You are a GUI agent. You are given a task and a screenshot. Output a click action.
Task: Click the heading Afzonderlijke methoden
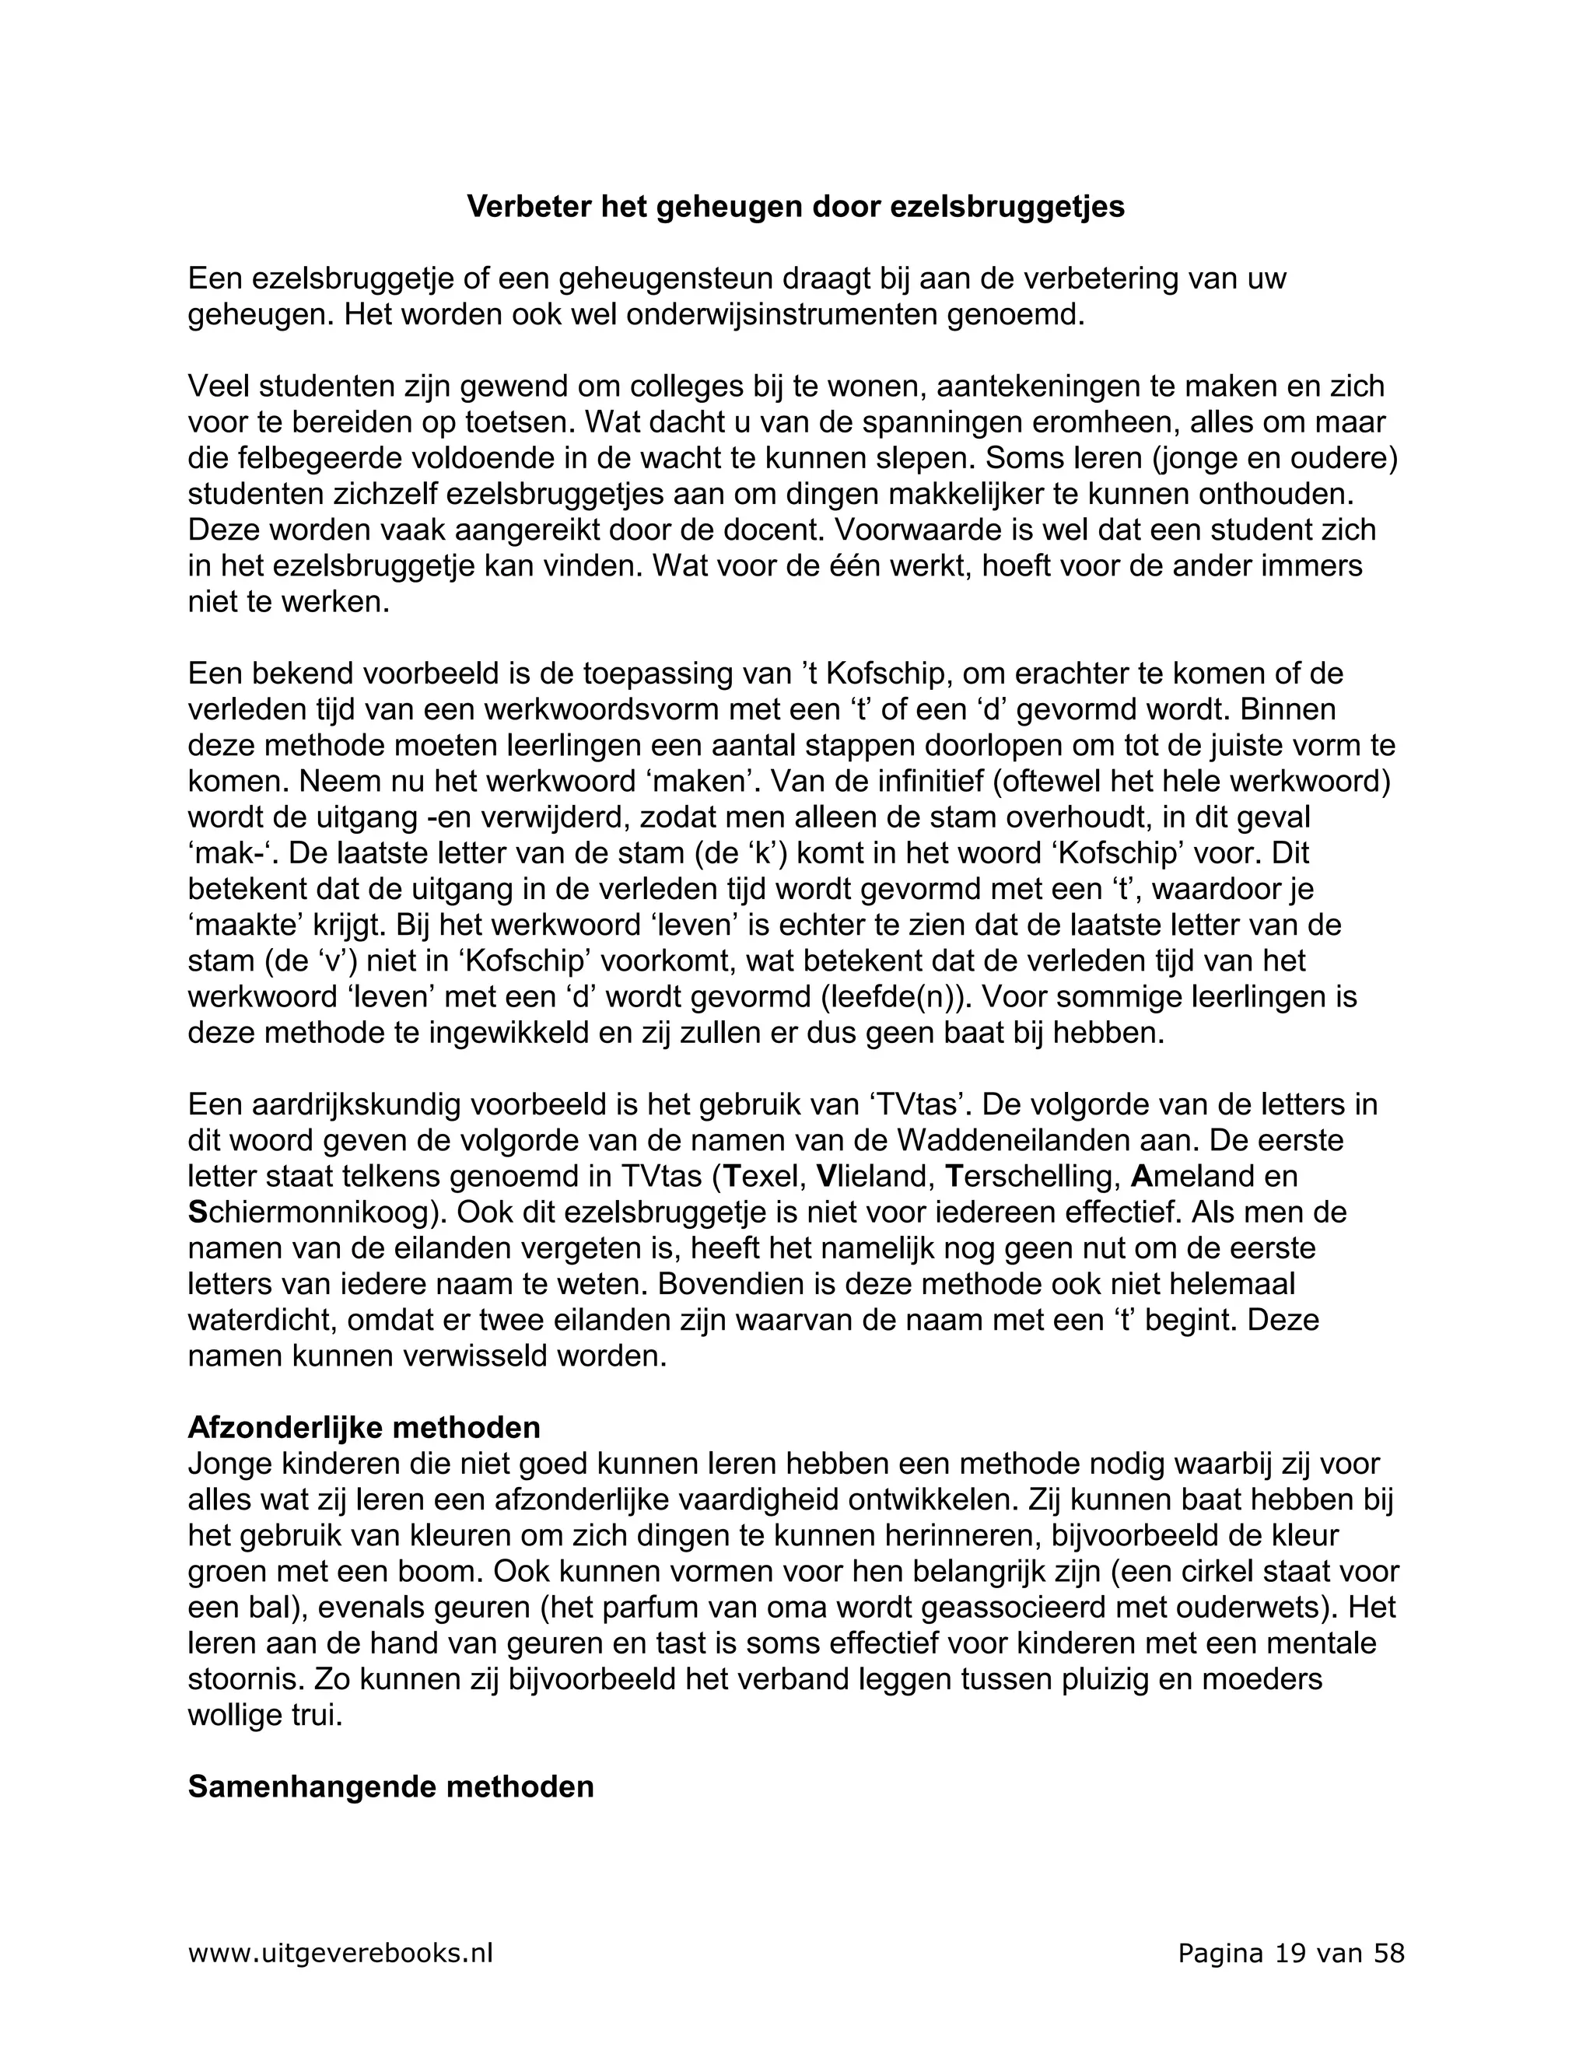click(363, 1427)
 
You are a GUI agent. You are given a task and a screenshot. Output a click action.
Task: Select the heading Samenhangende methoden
click(390, 1786)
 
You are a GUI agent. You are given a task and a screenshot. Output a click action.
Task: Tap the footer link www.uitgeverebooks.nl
click(341, 1952)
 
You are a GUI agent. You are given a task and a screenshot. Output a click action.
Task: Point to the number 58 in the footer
click(1389, 1952)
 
